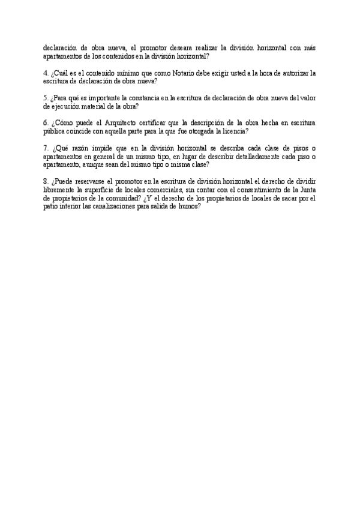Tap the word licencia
point(235,131)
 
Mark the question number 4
point(46,73)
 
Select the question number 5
point(46,98)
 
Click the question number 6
point(46,123)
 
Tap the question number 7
point(46,148)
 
